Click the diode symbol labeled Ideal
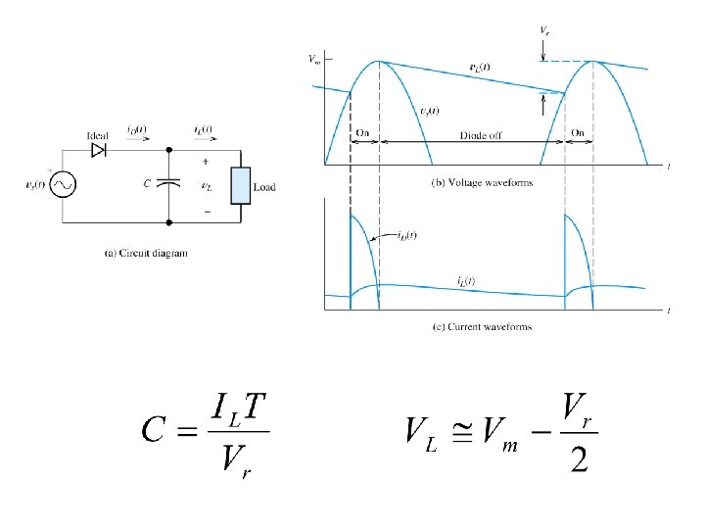coord(98,150)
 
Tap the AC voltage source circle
coord(63,184)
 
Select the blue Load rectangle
coord(240,185)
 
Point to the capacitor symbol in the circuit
coord(168,183)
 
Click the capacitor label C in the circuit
coord(146,183)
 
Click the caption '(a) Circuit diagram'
coord(146,253)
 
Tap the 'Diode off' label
coord(481,135)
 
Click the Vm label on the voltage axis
coord(313,60)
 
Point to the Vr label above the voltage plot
coord(544,30)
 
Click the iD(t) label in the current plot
coord(404,235)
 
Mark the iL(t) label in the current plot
coord(465,281)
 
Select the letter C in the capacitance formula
coord(160,428)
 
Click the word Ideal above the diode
coord(98,134)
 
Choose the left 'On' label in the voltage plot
coord(363,133)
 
